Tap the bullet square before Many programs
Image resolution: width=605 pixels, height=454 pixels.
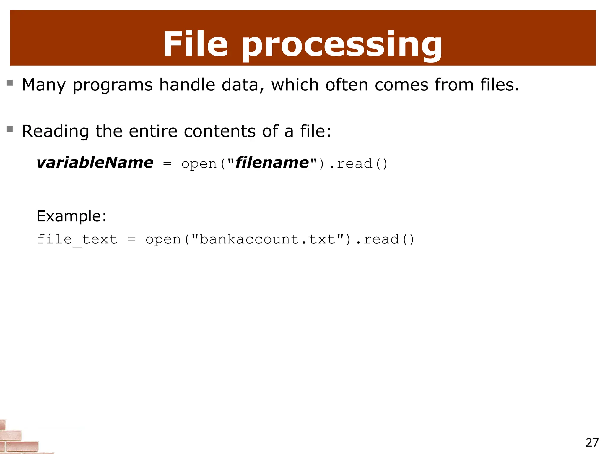[10, 82]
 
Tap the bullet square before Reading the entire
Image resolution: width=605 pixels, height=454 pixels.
[10, 129]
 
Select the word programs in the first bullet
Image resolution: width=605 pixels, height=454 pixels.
[113, 85]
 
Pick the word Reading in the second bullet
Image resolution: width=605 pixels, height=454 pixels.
[55, 132]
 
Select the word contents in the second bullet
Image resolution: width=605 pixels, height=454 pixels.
[219, 131]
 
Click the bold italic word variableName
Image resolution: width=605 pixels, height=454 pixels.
[95, 163]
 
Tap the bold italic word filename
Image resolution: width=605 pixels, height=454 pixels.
[272, 163]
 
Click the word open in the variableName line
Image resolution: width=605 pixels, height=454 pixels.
[199, 164]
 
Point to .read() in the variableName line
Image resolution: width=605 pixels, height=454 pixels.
[358, 164]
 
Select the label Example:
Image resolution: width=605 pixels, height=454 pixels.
[71, 216]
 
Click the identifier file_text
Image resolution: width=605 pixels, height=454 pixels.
[77, 239]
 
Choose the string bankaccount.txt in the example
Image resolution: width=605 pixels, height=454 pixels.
[267, 239]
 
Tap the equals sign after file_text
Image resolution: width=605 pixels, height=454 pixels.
[131, 239]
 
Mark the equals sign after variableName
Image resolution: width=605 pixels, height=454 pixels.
[167, 164]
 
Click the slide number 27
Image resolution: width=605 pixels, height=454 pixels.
[592, 442]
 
